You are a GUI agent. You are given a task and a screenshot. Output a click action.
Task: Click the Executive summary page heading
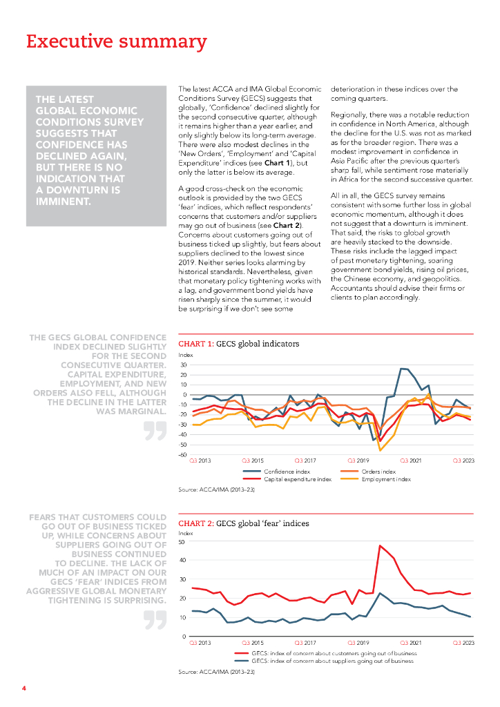tap(116, 41)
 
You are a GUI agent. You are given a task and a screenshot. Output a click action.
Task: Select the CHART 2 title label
tap(243, 523)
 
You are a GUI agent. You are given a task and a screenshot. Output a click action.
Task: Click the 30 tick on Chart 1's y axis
tap(184, 365)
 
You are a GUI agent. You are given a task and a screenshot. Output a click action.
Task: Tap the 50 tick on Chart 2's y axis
tap(182, 542)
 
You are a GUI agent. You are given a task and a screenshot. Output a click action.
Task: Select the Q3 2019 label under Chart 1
tap(358, 460)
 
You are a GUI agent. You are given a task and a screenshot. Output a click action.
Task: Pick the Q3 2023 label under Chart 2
tap(463, 643)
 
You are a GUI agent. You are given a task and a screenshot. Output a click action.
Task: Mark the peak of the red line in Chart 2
tap(380, 545)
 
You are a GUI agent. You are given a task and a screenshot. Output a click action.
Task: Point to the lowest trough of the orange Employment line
tap(380, 450)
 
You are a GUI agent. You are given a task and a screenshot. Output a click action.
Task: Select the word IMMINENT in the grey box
tap(61, 201)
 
